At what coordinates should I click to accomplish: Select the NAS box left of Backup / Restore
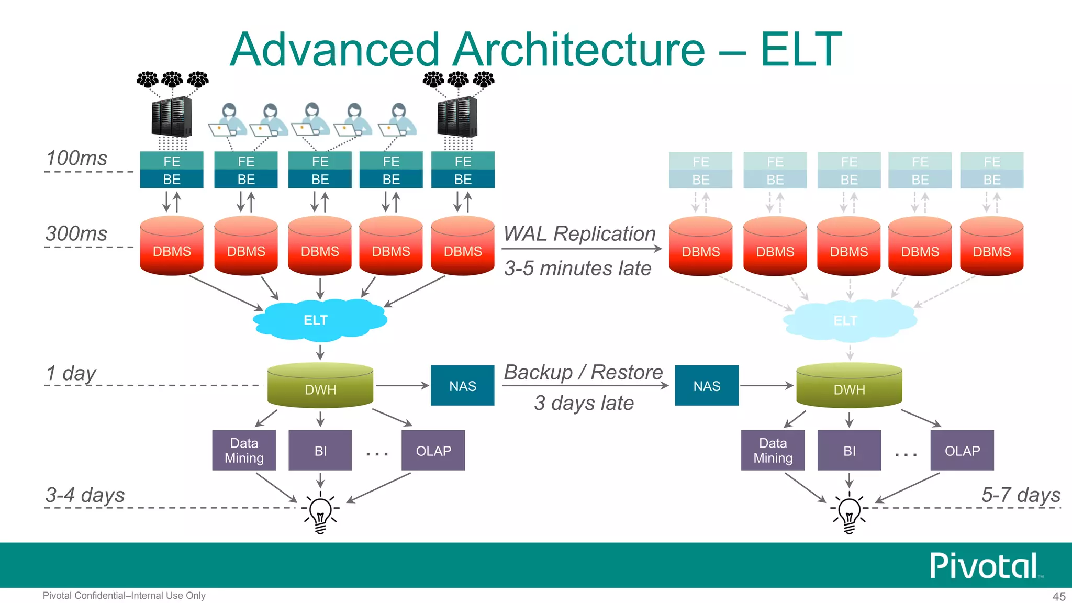(x=462, y=386)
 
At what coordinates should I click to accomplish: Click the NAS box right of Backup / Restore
(x=707, y=386)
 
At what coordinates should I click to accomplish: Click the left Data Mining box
(x=244, y=450)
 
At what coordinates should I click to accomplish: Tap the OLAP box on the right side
(x=962, y=450)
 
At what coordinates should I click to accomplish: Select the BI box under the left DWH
(x=320, y=450)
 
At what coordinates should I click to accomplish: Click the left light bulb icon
(x=321, y=513)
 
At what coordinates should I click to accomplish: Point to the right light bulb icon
(x=849, y=513)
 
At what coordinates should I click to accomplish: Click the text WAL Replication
(x=579, y=233)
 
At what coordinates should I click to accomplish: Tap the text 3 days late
(x=584, y=403)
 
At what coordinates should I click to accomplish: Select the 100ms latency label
(x=76, y=158)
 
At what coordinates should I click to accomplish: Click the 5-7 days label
(x=1021, y=495)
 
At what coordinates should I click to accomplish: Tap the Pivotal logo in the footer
(x=984, y=566)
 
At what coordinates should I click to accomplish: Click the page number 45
(x=1058, y=596)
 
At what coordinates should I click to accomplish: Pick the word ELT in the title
(x=801, y=50)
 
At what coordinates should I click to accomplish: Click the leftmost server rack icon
(x=171, y=117)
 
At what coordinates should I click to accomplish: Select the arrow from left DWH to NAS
(x=401, y=386)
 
